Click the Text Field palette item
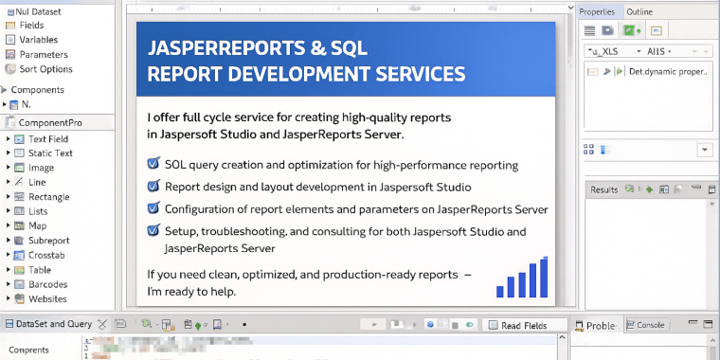pos(47,138)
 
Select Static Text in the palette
pos(49,153)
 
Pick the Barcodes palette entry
pos(47,284)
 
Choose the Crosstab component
pos(47,255)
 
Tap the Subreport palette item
pos(48,241)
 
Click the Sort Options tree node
pos(45,69)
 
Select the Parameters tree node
pos(43,55)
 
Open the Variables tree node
pos(38,40)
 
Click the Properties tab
pos(597,11)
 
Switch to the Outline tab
pos(639,11)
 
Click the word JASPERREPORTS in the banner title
pos(217,47)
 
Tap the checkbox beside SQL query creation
pos(153,164)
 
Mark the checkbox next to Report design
pos(153,187)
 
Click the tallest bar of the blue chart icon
pos(544,277)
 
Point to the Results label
pos(603,189)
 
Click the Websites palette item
pos(47,299)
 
